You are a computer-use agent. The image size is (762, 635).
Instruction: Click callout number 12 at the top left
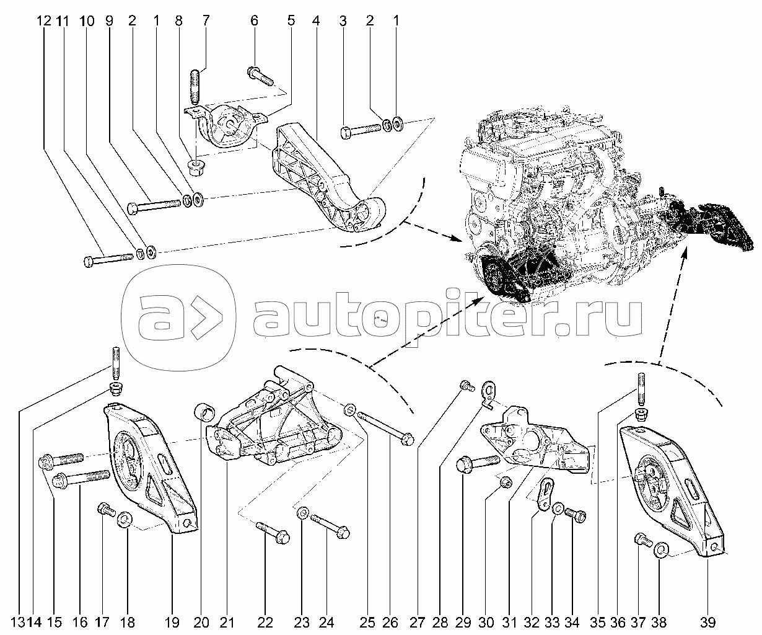(x=44, y=21)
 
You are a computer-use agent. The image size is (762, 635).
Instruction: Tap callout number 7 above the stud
(x=206, y=20)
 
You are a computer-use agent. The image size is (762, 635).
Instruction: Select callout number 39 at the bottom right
(x=708, y=622)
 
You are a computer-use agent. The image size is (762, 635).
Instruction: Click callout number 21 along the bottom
(x=227, y=622)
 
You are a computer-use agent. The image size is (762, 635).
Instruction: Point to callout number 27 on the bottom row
(x=417, y=622)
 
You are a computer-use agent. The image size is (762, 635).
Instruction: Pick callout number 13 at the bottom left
(x=18, y=622)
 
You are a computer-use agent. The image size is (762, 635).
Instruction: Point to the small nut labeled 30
(x=506, y=482)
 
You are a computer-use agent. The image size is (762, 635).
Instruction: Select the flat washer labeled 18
(x=125, y=520)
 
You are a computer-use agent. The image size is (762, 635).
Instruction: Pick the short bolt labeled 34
(x=575, y=515)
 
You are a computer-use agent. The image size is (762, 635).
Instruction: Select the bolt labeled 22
(x=273, y=533)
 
